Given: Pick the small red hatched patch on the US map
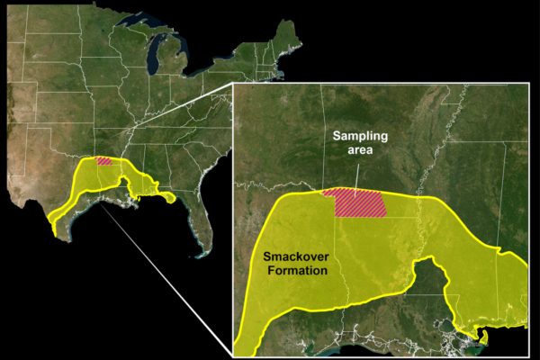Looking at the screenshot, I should [x=104, y=161].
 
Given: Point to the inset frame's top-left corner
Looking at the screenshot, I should [x=233, y=84].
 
